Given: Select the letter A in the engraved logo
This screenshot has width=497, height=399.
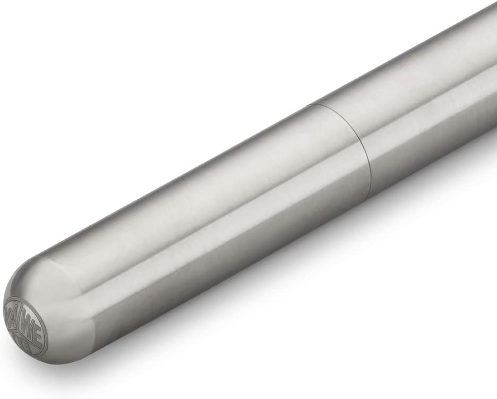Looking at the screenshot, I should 16,310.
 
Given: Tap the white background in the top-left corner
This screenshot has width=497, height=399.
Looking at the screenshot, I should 32,32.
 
